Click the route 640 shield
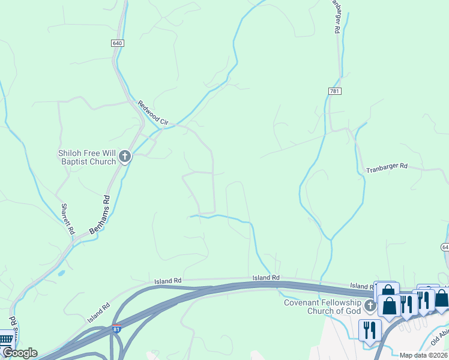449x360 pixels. click(x=117, y=43)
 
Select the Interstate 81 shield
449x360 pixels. click(x=116, y=329)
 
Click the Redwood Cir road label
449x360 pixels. click(x=153, y=113)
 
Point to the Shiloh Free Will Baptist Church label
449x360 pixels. click(x=87, y=157)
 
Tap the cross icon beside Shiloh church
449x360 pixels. click(x=125, y=157)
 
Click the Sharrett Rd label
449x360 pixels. click(x=67, y=219)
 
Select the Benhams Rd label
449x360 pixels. click(x=100, y=214)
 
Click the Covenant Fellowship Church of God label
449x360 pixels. click(x=323, y=306)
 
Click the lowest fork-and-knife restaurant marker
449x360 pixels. click(x=369, y=330)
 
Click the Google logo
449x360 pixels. click(x=19, y=353)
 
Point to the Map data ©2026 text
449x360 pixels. click(x=423, y=355)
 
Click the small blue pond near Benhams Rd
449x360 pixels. click(x=62, y=273)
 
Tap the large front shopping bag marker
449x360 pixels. click(x=389, y=305)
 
